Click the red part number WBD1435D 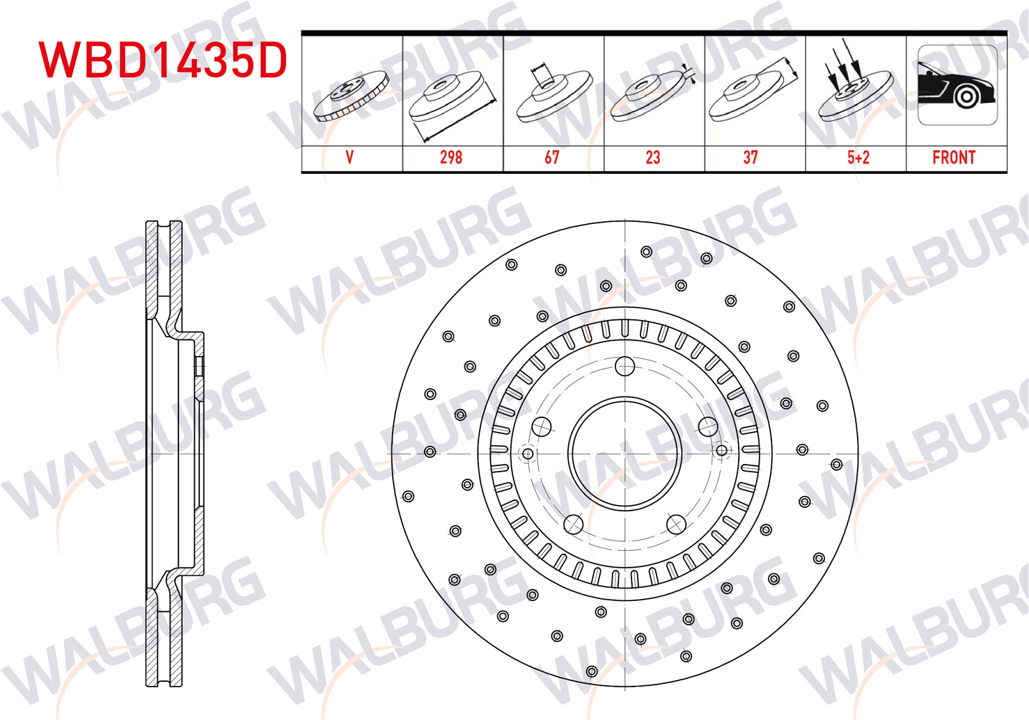point(163,60)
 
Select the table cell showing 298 point(451,157)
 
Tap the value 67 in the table point(551,157)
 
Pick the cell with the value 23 point(653,157)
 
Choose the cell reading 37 point(751,157)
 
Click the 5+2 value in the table point(858,157)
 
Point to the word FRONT point(954,157)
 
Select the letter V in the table point(349,157)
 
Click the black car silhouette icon point(957,86)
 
